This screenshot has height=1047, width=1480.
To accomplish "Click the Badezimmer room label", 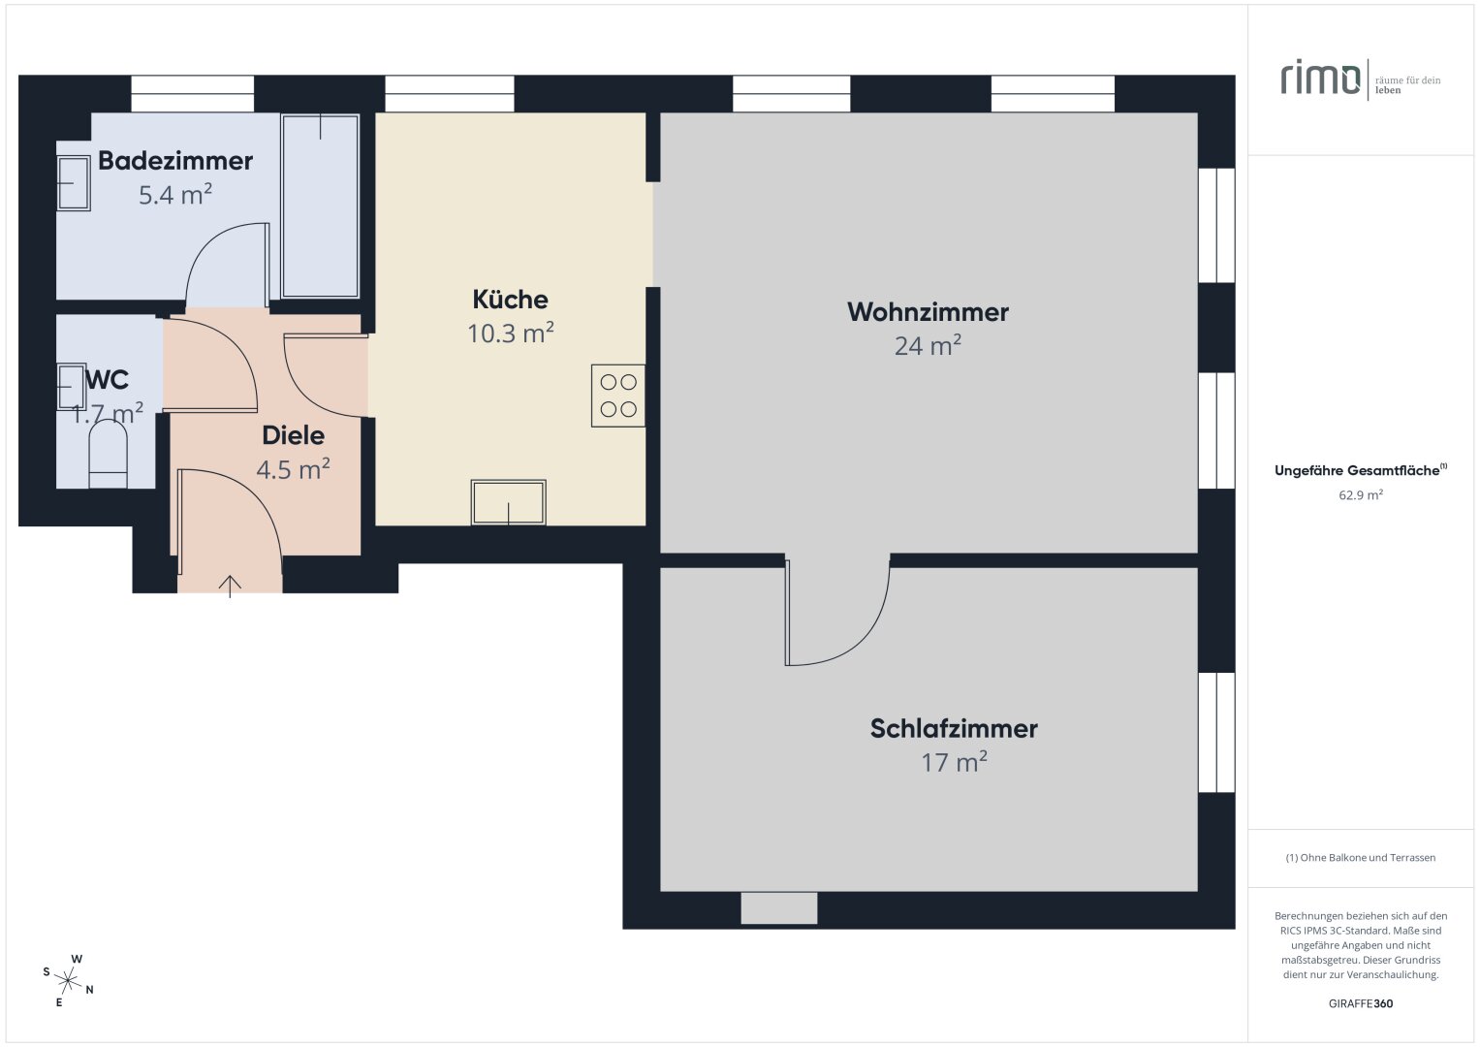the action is pyautogui.click(x=175, y=161).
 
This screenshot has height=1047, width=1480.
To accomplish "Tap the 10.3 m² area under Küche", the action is pyautogui.click(x=510, y=333).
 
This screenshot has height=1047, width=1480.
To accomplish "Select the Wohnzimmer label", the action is pyautogui.click(x=928, y=312).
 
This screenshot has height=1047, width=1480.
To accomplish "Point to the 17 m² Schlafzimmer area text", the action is pyautogui.click(x=954, y=762).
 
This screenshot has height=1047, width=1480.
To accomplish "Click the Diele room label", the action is pyautogui.click(x=294, y=435).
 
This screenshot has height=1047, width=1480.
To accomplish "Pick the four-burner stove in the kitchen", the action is pyautogui.click(x=617, y=396).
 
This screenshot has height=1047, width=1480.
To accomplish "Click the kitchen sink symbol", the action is pyautogui.click(x=508, y=502).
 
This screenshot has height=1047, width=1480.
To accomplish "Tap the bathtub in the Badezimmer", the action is pyautogui.click(x=321, y=206).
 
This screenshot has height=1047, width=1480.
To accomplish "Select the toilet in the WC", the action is pyautogui.click(x=109, y=454).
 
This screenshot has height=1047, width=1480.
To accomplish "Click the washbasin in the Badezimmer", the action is pyautogui.click(x=74, y=183).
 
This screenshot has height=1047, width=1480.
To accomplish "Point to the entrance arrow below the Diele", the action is pyautogui.click(x=230, y=587).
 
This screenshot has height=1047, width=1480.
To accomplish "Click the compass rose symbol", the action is pyautogui.click(x=68, y=981).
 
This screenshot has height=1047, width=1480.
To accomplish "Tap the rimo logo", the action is pyautogui.click(x=1320, y=79).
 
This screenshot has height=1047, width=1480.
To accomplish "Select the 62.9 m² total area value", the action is pyautogui.click(x=1361, y=495).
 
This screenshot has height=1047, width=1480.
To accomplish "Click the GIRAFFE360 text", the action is pyautogui.click(x=1361, y=1003).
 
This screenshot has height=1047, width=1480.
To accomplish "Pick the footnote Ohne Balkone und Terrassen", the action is pyautogui.click(x=1361, y=857).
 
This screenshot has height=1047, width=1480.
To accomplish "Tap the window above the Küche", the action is pyautogui.click(x=450, y=94).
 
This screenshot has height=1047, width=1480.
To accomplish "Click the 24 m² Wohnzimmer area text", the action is pyautogui.click(x=928, y=346).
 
